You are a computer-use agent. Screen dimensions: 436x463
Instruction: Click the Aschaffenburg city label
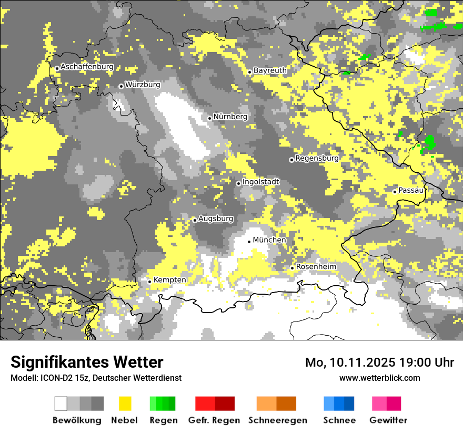[87, 67]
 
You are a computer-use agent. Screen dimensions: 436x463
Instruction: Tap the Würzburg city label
[143, 84]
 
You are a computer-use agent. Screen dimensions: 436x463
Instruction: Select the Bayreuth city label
[270, 70]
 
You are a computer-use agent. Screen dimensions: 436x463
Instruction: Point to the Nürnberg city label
[230, 117]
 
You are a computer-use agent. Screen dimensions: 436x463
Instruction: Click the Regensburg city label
[317, 158]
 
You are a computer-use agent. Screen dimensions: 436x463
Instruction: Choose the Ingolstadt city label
[261, 182]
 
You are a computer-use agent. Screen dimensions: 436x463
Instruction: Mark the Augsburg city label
[215, 218]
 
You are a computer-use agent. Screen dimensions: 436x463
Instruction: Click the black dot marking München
[249, 242]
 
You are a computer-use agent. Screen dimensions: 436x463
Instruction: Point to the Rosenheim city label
[316, 266]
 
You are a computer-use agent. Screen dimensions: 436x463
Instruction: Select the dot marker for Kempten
[149, 282]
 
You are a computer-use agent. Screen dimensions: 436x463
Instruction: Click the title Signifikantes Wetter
[87, 362]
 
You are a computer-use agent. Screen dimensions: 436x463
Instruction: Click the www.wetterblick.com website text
[379, 378]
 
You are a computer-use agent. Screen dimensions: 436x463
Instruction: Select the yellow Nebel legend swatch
[125, 403]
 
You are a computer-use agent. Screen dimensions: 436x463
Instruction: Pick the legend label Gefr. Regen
[214, 420]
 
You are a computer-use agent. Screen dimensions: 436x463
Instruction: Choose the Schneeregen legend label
[278, 420]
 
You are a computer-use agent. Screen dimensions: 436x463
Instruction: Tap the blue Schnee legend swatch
[339, 403]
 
